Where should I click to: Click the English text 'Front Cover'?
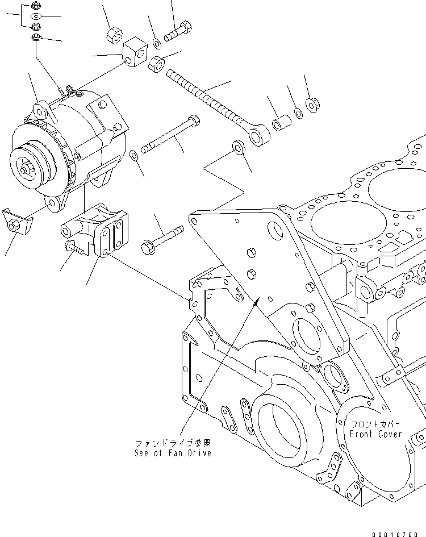pyautogui.click(x=375, y=434)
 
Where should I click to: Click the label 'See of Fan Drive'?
pyautogui.click(x=173, y=453)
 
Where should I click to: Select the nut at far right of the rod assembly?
pyautogui.click(x=312, y=105)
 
